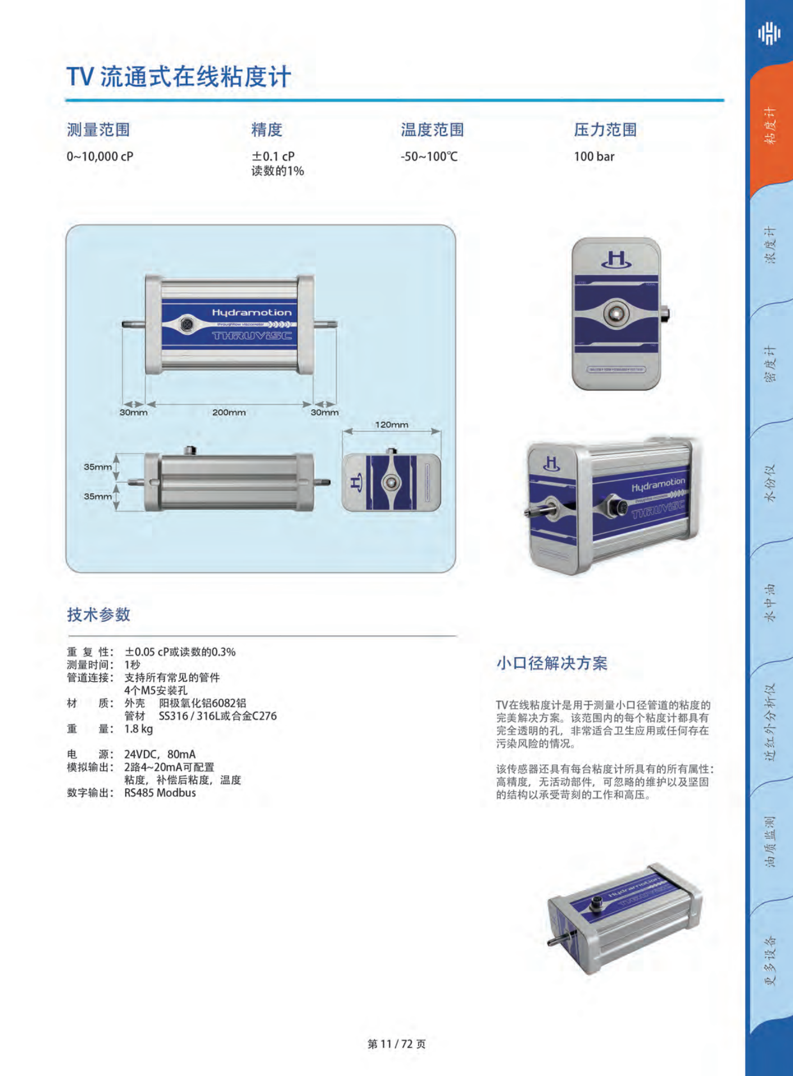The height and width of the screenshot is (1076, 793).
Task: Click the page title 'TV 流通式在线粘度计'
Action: click(179, 77)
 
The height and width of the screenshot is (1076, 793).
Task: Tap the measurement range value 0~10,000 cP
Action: click(100, 156)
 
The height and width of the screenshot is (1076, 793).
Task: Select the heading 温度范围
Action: click(432, 130)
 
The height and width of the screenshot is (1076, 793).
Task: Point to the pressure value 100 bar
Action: click(593, 156)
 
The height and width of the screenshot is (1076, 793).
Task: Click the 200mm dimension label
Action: click(229, 412)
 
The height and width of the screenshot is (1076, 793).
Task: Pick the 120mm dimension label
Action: click(391, 424)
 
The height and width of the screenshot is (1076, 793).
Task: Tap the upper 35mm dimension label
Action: click(98, 467)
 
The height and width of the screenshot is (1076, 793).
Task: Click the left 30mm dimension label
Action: click(133, 412)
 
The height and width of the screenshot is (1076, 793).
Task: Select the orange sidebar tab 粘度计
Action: click(770, 126)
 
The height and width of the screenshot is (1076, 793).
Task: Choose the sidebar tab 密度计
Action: click(770, 363)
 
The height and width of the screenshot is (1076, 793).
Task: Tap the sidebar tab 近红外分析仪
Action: click(770, 722)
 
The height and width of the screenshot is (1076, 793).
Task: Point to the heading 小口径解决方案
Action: click(551, 663)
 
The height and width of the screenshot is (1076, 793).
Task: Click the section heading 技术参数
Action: click(98, 614)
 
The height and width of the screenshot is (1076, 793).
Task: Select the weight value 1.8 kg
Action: click(138, 729)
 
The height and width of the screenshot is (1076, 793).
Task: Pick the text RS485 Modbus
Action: click(160, 793)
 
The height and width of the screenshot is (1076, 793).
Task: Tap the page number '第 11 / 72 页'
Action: click(396, 1044)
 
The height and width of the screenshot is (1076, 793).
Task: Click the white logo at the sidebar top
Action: click(769, 33)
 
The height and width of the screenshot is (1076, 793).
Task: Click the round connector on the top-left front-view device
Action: click(186, 324)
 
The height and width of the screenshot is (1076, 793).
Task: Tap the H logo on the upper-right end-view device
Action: click(616, 260)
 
